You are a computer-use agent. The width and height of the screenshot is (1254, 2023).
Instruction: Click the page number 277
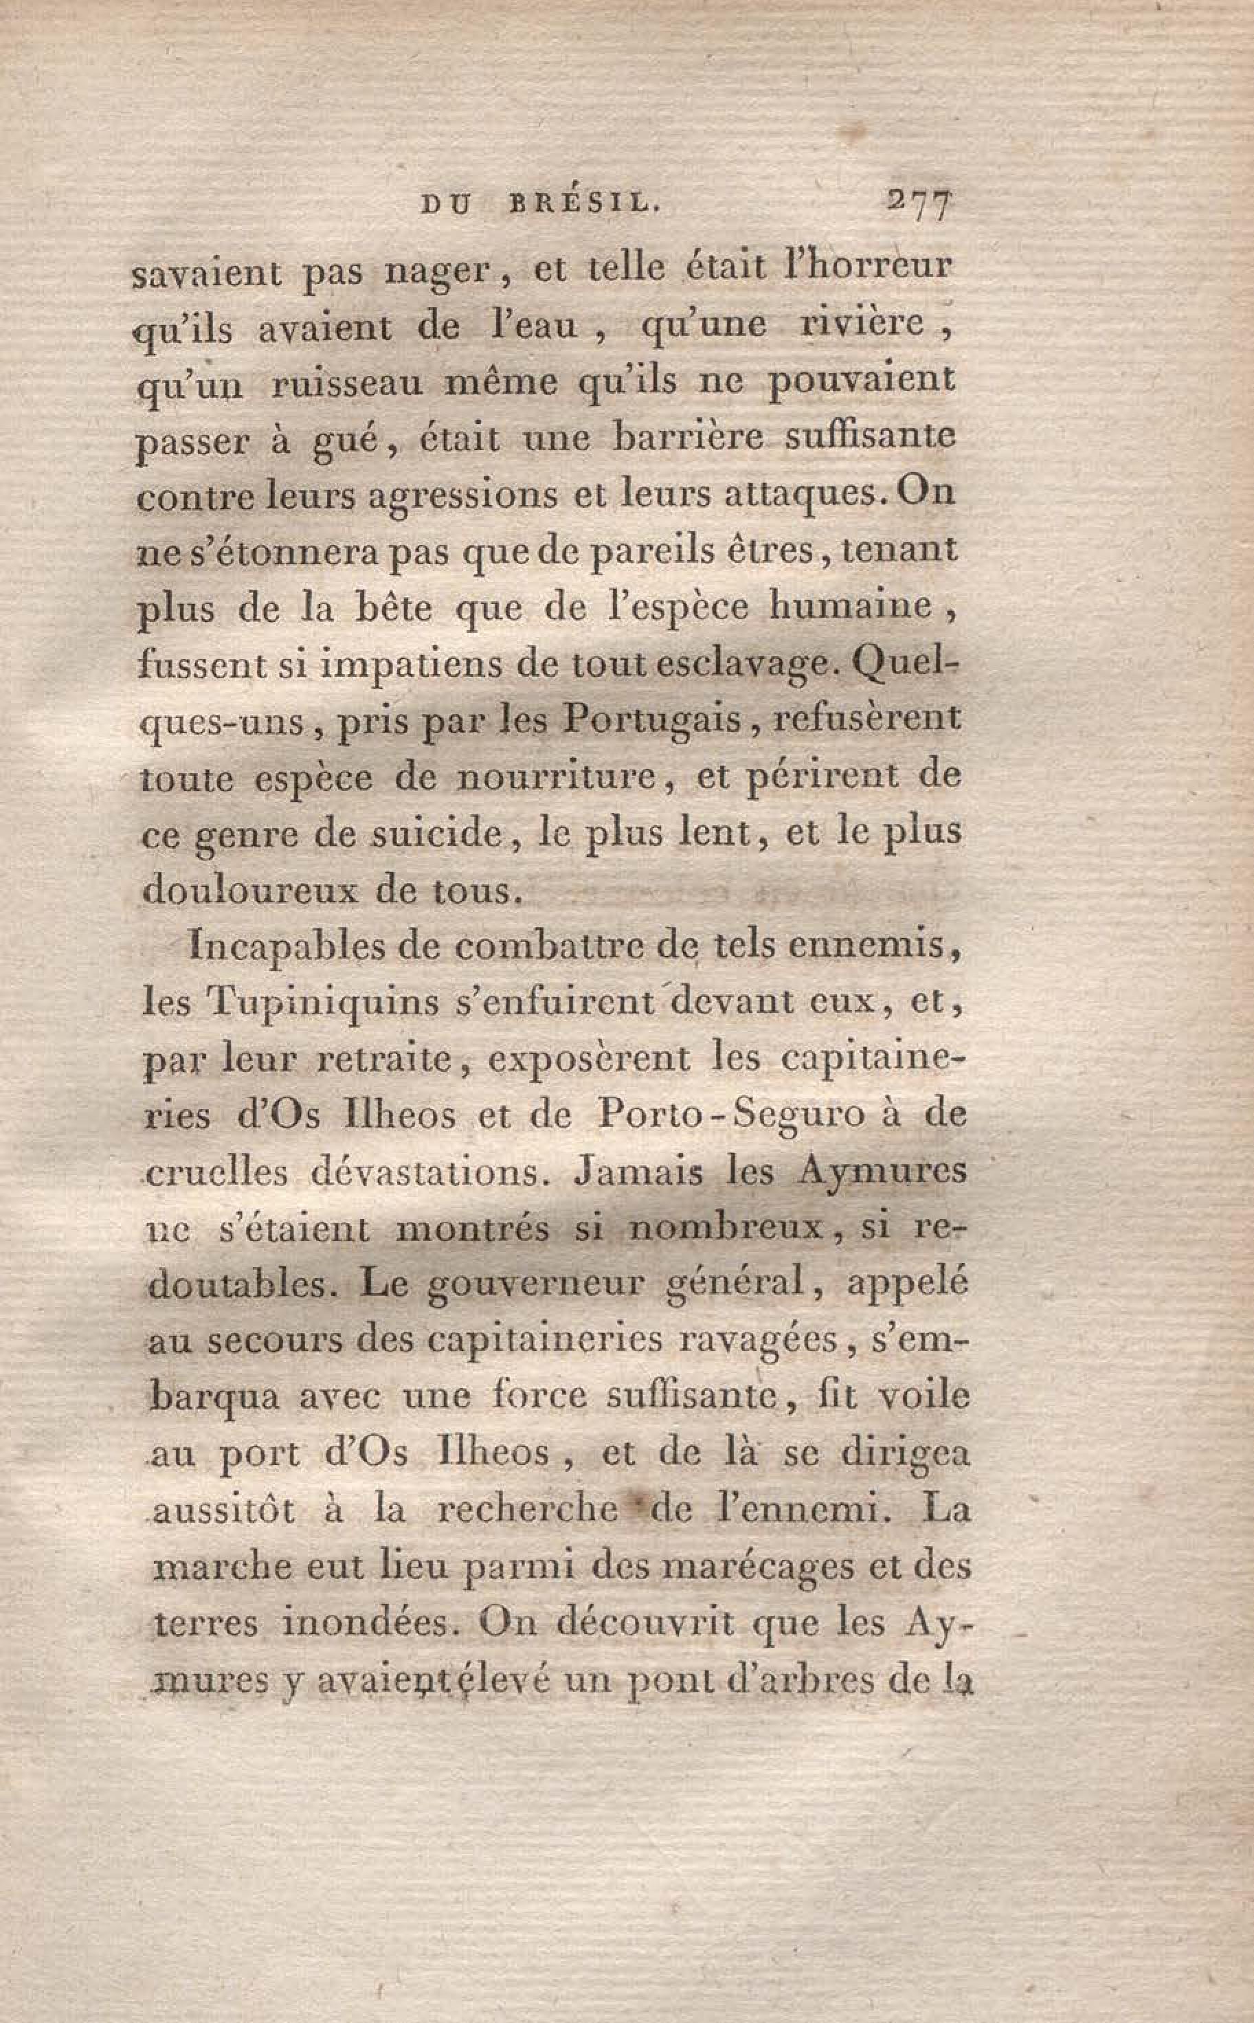pyautogui.click(x=919, y=204)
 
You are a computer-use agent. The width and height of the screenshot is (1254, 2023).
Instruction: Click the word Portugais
pyautogui.click(x=651, y=719)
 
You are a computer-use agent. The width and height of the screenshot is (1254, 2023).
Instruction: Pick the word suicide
pyautogui.click(x=436, y=834)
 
